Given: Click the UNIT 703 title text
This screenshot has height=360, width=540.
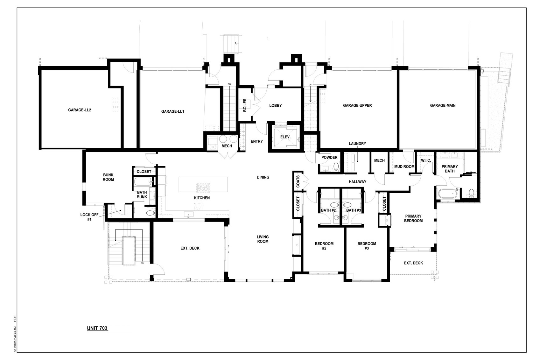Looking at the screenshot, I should [97, 328].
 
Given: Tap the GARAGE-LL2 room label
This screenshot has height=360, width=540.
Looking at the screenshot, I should [80, 110].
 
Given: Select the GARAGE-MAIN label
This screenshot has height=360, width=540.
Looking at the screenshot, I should [443, 105].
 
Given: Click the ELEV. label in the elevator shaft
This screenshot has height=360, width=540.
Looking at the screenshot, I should [285, 137].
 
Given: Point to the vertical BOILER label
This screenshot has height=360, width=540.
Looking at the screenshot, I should [245, 105].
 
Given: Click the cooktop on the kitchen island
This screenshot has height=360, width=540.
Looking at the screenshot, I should [202, 187].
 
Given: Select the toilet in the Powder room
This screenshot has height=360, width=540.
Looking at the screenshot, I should [336, 166].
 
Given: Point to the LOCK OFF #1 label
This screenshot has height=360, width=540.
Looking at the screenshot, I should [89, 217].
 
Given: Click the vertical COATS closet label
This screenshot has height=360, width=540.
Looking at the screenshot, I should [298, 181].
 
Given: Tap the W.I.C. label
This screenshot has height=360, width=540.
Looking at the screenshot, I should [426, 160].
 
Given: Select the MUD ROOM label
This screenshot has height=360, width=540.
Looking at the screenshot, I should [404, 166].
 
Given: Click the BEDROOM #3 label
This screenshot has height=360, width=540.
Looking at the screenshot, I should [367, 246].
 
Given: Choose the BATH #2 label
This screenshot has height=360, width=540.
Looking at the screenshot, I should [328, 210].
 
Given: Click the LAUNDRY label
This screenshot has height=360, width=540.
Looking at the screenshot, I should [357, 144].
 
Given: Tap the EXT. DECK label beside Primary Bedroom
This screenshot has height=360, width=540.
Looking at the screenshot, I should [413, 263].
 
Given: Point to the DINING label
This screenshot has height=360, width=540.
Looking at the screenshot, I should [263, 177].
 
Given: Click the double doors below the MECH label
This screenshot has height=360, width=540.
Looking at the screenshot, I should [227, 154].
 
